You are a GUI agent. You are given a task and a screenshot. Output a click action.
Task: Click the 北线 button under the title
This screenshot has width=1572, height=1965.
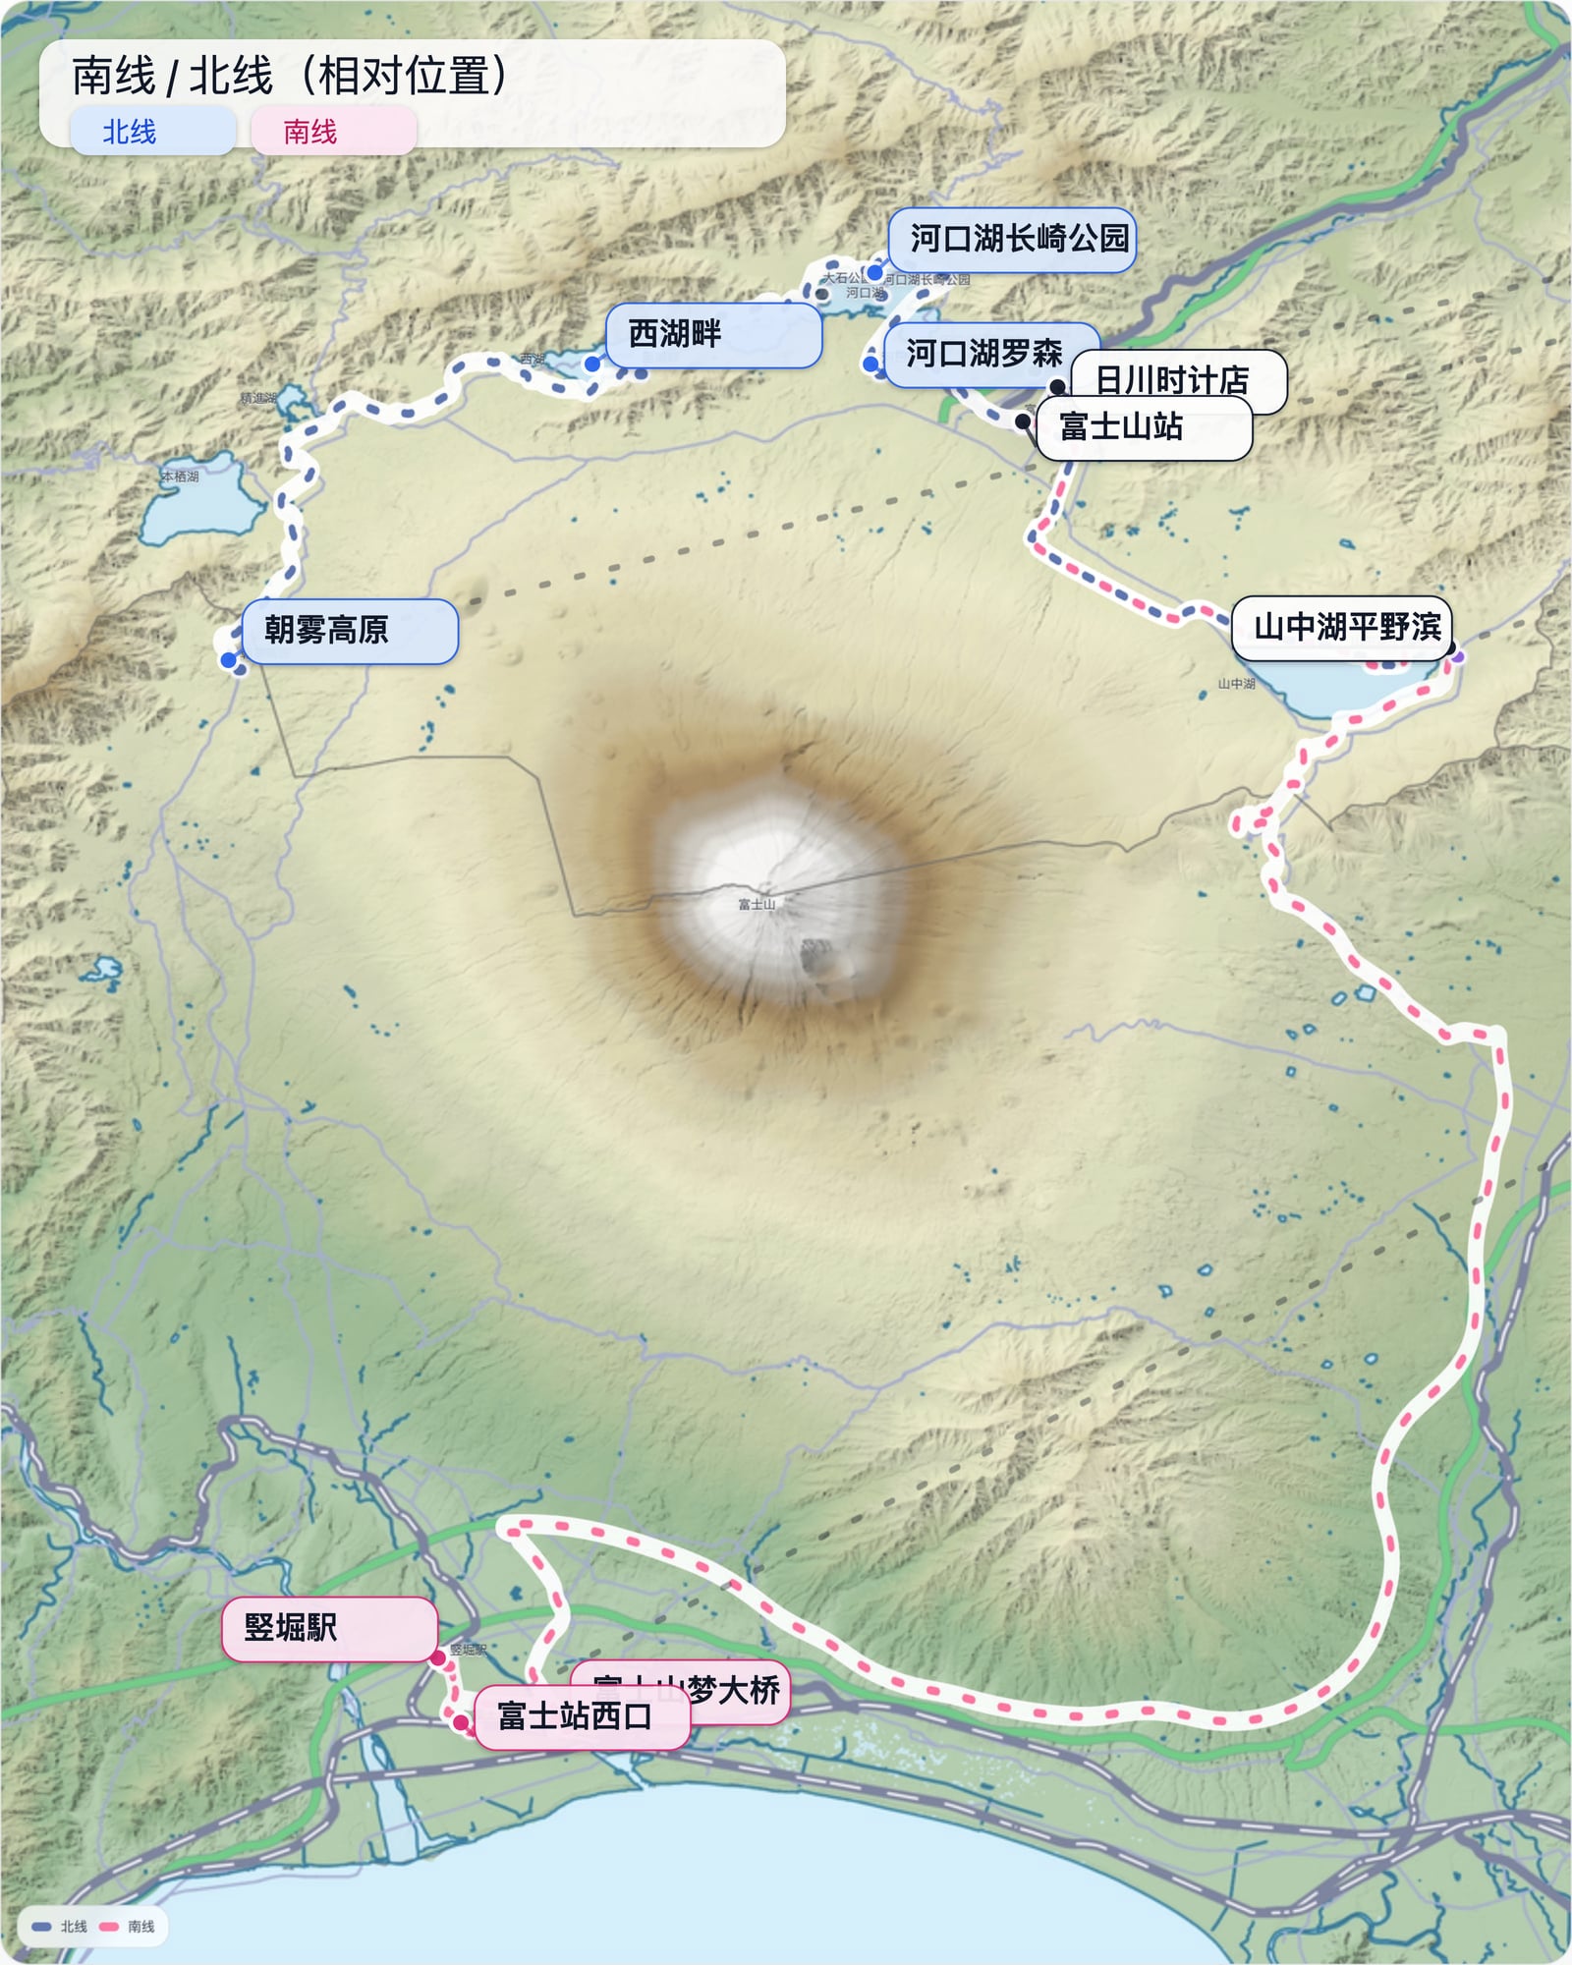[x=152, y=132]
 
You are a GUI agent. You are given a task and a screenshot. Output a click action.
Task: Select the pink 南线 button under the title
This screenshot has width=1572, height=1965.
[x=333, y=132]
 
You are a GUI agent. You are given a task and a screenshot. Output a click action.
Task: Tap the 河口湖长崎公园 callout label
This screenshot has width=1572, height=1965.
[x=1012, y=239]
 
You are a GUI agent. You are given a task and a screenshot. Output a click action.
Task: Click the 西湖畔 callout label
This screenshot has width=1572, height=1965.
[x=712, y=335]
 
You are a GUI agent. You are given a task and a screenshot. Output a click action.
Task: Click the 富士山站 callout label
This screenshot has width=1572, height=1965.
[x=1143, y=427]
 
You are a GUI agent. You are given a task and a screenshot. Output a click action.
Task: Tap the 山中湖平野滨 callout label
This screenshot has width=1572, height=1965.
[x=1341, y=627]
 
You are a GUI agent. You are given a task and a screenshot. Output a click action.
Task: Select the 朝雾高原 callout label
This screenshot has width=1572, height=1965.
[x=349, y=630]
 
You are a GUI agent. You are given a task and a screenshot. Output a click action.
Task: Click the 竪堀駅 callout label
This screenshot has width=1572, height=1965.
[x=328, y=1628]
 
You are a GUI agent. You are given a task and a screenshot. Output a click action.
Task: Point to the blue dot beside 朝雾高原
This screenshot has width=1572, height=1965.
[x=229, y=660]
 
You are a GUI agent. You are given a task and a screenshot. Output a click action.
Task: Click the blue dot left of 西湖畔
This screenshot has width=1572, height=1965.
[x=591, y=365]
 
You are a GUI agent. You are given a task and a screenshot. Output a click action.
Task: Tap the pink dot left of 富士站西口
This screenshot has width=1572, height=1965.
[x=460, y=1721]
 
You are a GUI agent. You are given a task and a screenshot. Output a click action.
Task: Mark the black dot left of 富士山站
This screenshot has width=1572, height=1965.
[x=1023, y=421]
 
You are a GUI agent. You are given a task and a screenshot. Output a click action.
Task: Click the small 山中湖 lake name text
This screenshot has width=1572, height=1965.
[x=1236, y=683]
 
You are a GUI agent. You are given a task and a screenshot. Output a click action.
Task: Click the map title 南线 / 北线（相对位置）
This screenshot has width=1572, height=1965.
[x=290, y=76]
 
